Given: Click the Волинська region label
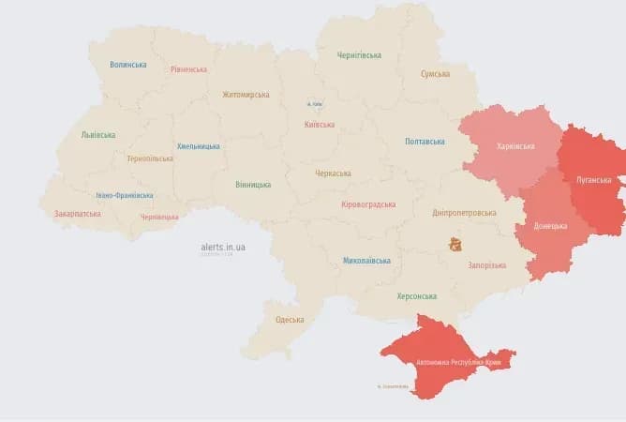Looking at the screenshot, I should [x=127, y=65].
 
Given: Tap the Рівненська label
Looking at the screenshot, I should [x=189, y=69].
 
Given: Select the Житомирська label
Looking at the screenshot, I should [x=246, y=95].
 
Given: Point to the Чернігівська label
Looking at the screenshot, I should [x=359, y=55].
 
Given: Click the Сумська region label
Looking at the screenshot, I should [x=435, y=74].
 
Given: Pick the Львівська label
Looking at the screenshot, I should [x=98, y=135].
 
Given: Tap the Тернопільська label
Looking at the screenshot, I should [x=149, y=158].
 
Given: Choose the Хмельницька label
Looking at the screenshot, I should [x=199, y=146].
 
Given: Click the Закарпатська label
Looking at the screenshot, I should [x=78, y=214].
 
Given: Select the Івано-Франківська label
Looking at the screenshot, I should [x=125, y=196].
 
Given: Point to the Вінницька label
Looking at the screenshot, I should [x=253, y=185].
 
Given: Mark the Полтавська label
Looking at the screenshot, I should [x=425, y=142].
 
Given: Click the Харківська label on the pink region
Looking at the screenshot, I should [x=515, y=146].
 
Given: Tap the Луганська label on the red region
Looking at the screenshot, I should [x=593, y=180].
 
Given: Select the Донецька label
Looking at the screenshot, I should [x=550, y=226].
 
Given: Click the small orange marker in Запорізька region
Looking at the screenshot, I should [x=455, y=245].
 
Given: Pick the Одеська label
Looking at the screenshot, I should [x=290, y=320].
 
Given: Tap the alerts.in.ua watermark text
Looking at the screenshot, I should [x=223, y=248].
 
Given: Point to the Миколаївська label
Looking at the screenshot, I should [x=366, y=260].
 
